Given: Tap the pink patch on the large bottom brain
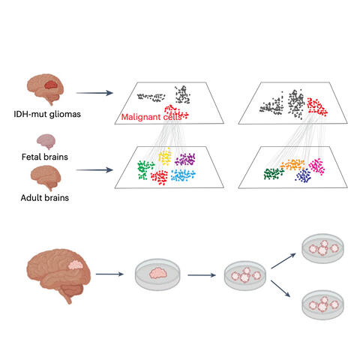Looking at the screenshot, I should pos(77,264).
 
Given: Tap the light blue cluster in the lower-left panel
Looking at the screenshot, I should pos(182,174).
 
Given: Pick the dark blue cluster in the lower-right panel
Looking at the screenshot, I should pos(304,175).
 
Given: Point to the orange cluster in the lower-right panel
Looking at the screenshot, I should pos(291,163).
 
